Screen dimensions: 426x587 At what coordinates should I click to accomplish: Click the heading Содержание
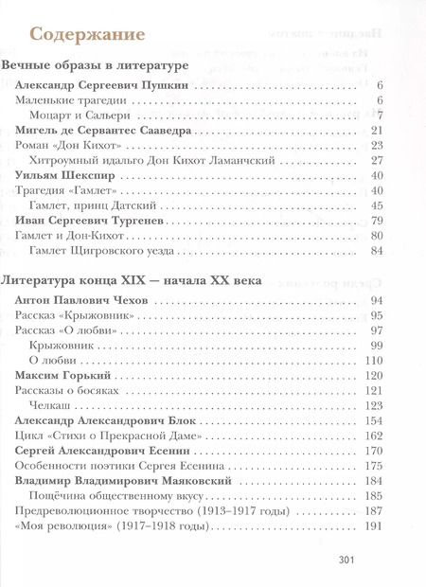[88, 34]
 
